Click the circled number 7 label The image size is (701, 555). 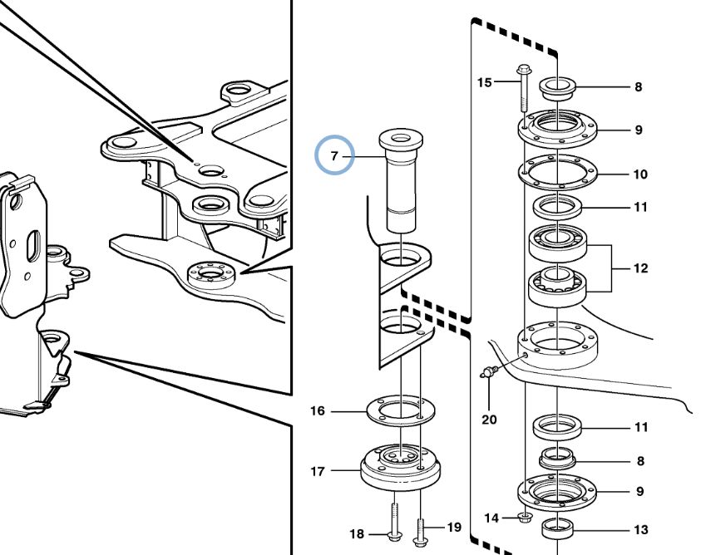(x=334, y=155)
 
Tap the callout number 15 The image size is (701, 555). (x=485, y=81)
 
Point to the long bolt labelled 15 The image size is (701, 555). (x=524, y=88)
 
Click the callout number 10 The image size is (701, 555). (x=639, y=174)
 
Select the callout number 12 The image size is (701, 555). (x=639, y=268)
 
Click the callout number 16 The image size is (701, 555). (x=318, y=410)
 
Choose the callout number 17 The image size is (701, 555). (x=318, y=472)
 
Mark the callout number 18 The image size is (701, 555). (x=356, y=533)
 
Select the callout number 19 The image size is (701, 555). (x=453, y=527)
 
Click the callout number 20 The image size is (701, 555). (x=489, y=419)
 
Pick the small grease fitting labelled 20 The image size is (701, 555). (x=490, y=370)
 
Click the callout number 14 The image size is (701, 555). (x=491, y=518)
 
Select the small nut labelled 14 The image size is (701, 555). (x=526, y=518)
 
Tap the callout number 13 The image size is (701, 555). (x=639, y=529)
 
